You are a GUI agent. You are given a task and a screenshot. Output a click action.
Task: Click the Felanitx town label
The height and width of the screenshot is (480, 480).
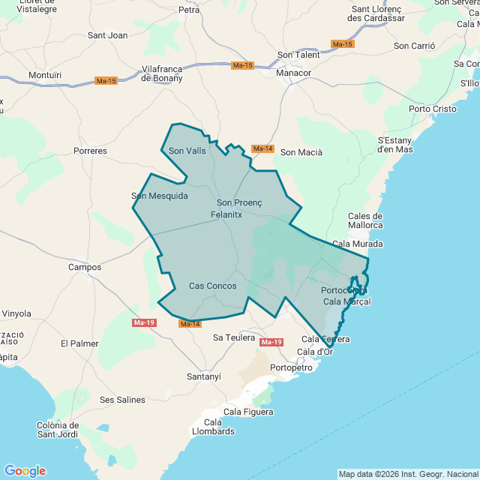pyautogui.click(x=225, y=214)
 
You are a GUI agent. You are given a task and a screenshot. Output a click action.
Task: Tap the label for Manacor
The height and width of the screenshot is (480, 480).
pyautogui.click(x=294, y=73)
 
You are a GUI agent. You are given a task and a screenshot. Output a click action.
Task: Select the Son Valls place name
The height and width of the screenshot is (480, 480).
pyautogui.click(x=187, y=151)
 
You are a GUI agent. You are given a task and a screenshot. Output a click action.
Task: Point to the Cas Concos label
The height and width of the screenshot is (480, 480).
pyautogui.click(x=212, y=286)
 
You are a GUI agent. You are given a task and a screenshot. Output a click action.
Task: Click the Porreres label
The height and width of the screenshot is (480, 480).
pyautogui.click(x=90, y=151)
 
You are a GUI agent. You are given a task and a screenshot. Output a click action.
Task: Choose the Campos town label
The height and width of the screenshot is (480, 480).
pyautogui.click(x=85, y=267)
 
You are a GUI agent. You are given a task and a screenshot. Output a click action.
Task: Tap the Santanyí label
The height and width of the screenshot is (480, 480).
pyautogui.click(x=204, y=376)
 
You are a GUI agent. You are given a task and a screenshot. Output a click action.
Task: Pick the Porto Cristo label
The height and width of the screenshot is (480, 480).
pyautogui.click(x=432, y=109)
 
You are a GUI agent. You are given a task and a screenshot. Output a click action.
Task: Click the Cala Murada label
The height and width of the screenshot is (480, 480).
pyautogui.click(x=357, y=244)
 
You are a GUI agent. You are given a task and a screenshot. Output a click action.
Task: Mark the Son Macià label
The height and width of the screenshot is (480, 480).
pyautogui.click(x=301, y=152)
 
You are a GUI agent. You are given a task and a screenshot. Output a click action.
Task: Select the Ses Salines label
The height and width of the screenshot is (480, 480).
pyautogui.click(x=122, y=400)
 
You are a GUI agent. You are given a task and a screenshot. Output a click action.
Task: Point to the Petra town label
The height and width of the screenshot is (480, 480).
pyautogui.click(x=189, y=10)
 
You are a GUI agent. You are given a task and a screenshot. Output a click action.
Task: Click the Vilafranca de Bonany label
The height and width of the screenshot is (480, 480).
pyautogui.click(x=162, y=73)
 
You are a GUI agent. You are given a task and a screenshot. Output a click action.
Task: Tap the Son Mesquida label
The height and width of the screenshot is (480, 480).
pyautogui.click(x=160, y=196)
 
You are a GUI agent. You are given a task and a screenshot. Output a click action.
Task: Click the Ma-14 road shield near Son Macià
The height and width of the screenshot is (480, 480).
pyautogui.click(x=262, y=148)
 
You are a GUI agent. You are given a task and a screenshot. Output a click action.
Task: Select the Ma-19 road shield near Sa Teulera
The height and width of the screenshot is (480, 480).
pyautogui.click(x=271, y=342)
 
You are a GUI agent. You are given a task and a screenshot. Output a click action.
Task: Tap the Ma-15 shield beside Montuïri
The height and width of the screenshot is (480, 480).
pyautogui.click(x=106, y=81)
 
